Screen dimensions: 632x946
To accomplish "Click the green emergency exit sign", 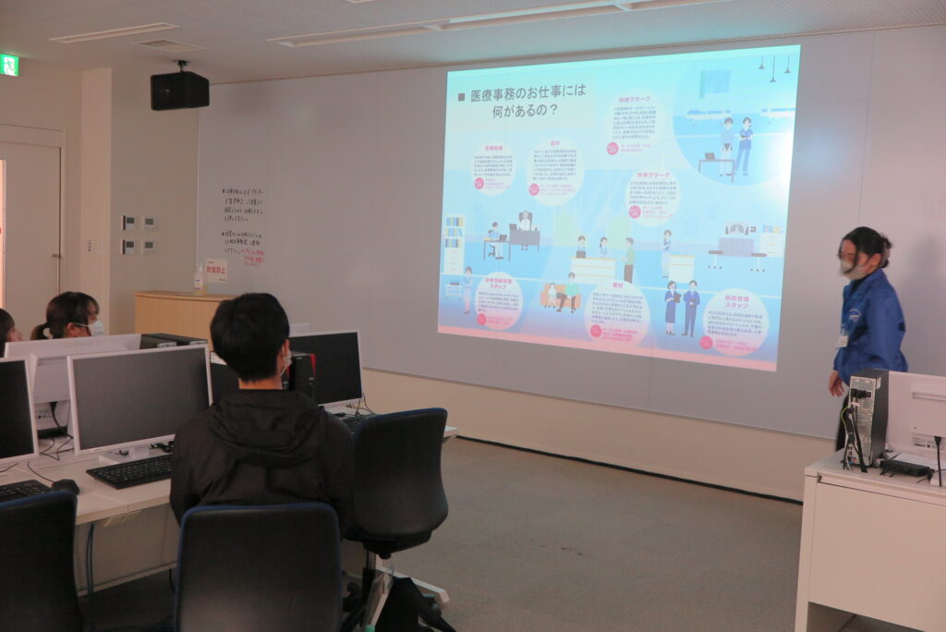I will pos(9,65).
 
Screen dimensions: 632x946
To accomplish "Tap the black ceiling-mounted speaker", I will pos(179,90).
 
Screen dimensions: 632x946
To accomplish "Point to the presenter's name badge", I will pos(842,339).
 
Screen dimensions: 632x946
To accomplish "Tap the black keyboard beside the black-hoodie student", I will pos(131,471).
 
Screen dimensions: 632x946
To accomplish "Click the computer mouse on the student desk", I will pos(65,485).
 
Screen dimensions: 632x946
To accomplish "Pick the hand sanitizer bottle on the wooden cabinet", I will pos(199,279).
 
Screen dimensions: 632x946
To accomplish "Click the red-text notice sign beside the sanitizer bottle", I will pos(215,270).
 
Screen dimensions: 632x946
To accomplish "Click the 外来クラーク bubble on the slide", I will pos(652,195).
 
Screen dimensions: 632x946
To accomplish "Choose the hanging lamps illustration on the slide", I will pos(773,67).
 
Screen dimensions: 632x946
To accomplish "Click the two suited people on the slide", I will pos(682,308).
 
